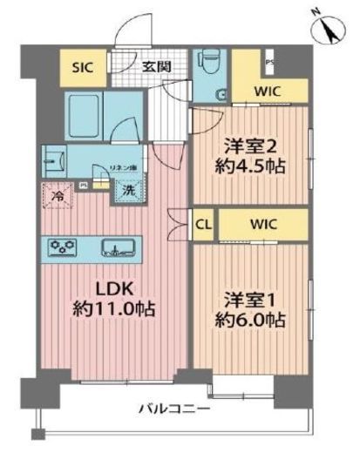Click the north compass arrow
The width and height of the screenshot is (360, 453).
pyautogui.click(x=329, y=31)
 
